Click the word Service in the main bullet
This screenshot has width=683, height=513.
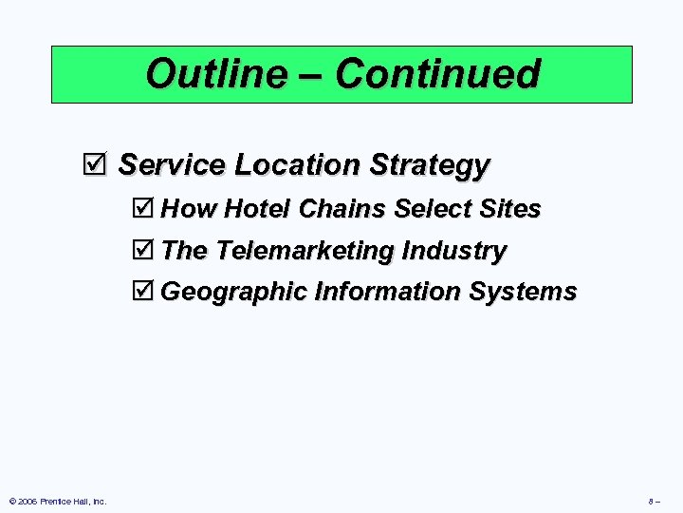point(172,165)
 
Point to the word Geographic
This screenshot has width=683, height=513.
point(233,292)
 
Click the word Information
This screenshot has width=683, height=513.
point(387,291)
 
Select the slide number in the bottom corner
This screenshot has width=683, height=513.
point(655,501)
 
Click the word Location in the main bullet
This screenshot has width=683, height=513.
point(297,165)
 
